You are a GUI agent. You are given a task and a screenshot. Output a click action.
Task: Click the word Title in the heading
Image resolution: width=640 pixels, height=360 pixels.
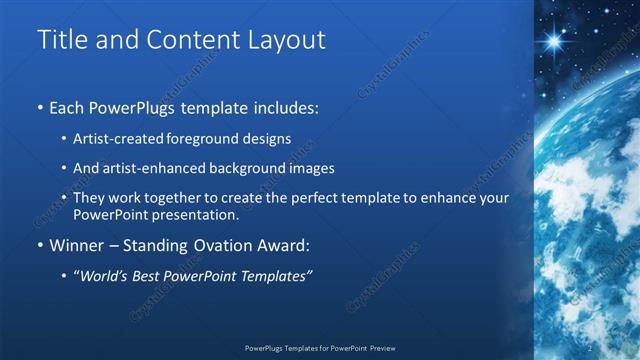click(x=63, y=40)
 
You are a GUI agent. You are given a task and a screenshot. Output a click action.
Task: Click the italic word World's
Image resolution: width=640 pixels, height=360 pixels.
click(x=102, y=275)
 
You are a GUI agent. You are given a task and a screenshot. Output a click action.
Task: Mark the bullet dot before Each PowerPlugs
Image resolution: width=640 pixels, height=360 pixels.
click(x=40, y=106)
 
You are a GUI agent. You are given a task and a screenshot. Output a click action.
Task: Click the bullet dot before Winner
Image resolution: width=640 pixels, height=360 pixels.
click(x=40, y=245)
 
